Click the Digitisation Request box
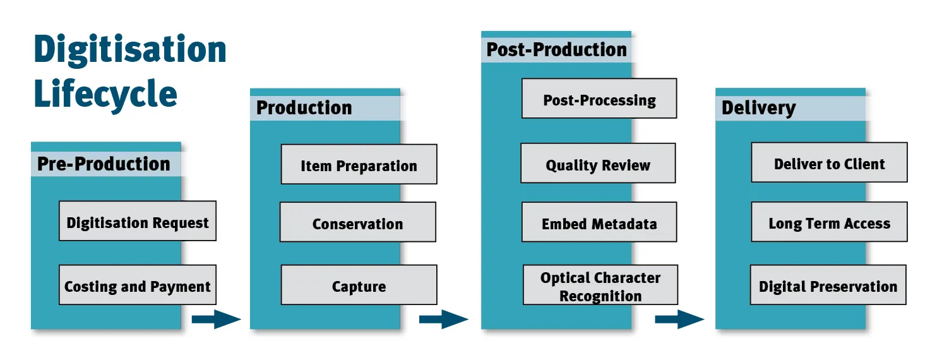tap(138, 221)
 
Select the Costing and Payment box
tap(138, 285)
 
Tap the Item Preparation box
tap(359, 164)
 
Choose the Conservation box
tap(358, 222)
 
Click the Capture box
tap(359, 285)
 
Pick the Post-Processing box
tap(599, 99)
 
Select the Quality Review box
tap(598, 164)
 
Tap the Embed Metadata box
tap(599, 222)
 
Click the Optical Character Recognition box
tap(600, 285)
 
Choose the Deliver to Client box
tap(829, 163)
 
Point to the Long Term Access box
tap(829, 222)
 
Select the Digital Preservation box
tap(828, 285)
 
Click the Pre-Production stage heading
tap(104, 164)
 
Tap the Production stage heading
tap(304, 108)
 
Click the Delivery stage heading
tap(759, 108)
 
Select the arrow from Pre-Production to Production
tap(216, 319)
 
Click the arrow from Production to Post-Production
tap(443, 319)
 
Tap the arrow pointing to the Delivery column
tap(679, 319)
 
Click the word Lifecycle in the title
tap(105, 93)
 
